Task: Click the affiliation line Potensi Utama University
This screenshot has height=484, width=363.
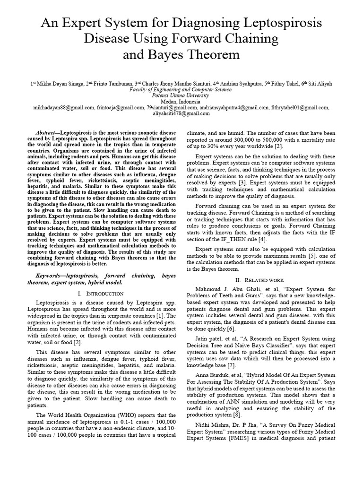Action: (181, 95)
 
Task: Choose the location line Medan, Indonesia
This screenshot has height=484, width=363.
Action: (181, 101)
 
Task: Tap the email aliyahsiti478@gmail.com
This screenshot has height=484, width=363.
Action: (181, 113)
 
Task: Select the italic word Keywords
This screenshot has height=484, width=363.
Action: (48, 275)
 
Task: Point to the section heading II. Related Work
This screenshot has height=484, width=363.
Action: (261, 280)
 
